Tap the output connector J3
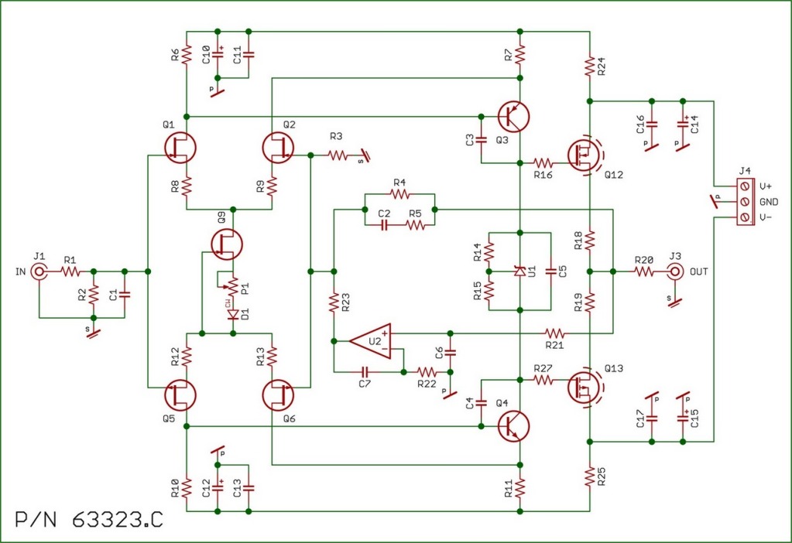coord(675,271)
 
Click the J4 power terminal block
coord(745,202)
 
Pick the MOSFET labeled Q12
coord(582,155)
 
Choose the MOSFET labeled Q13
coord(582,387)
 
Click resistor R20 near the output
coord(644,271)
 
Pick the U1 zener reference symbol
coord(520,271)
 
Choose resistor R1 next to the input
coord(70,271)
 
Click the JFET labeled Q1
coord(180,146)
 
